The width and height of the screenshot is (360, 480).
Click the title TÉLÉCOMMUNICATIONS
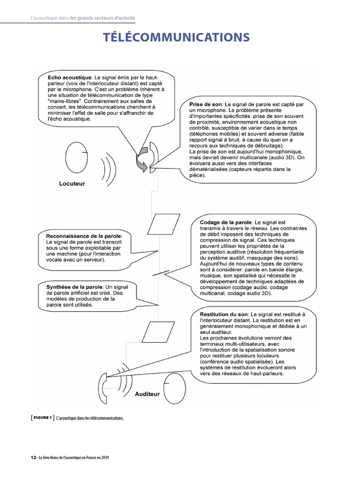tap(180, 37)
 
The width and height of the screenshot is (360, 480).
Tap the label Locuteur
tap(72, 183)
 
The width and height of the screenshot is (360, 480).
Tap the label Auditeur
tap(147, 394)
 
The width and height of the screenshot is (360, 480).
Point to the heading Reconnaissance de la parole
tap(84, 235)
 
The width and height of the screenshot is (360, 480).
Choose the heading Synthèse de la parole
tap(74, 286)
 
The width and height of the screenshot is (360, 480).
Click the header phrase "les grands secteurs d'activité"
tap(103, 18)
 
